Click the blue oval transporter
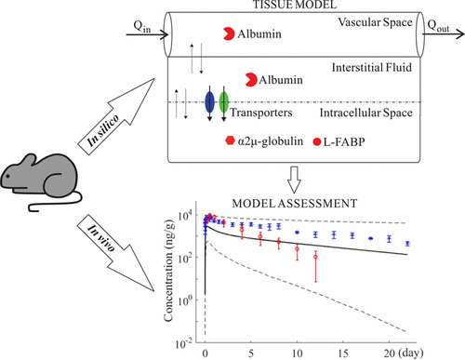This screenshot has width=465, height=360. tap(209, 101)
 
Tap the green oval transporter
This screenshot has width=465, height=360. tap(223, 101)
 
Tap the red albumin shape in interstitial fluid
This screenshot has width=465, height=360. tap(249, 80)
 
